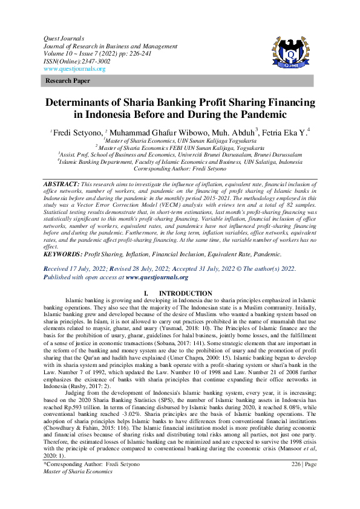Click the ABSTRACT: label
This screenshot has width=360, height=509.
pyautogui.click(x=61, y=183)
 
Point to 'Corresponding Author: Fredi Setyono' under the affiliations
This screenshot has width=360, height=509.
pyautogui.click(x=180, y=170)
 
